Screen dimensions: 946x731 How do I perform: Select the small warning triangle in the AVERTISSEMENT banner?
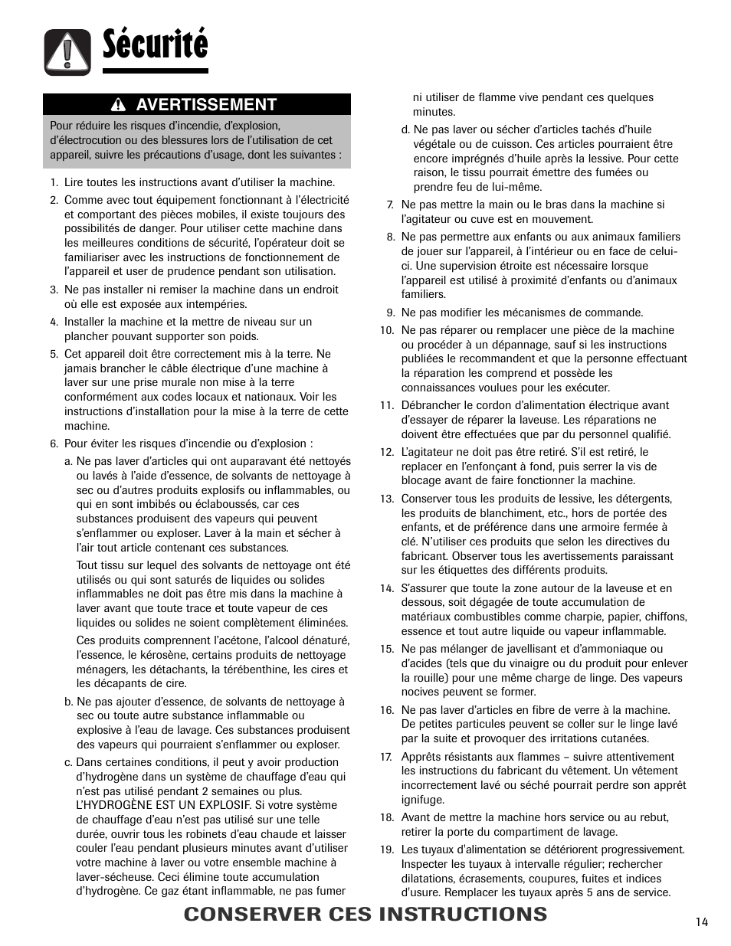[x=119, y=105]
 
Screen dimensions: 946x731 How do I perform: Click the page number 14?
[x=702, y=921]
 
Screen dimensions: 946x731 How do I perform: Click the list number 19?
[x=386, y=849]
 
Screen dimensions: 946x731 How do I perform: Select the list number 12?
[x=386, y=453]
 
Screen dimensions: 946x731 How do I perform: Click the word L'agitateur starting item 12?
[x=428, y=452]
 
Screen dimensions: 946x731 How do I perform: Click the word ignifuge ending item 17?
[x=422, y=800]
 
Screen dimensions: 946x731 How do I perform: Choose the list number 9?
[x=389, y=313]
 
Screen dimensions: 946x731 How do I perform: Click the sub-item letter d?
[x=405, y=129]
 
